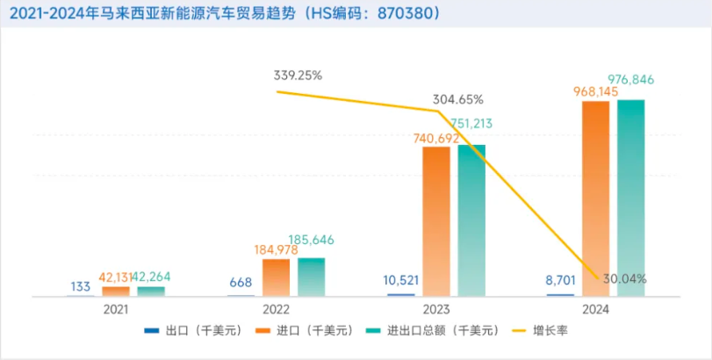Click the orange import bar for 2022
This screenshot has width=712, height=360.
click(276, 277)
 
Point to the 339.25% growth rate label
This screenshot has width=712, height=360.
click(297, 75)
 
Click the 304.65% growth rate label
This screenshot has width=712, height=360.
click(457, 99)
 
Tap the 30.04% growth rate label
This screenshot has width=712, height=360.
click(625, 279)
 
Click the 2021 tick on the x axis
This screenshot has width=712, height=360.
click(116, 310)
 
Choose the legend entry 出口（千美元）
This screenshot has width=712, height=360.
click(182, 331)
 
